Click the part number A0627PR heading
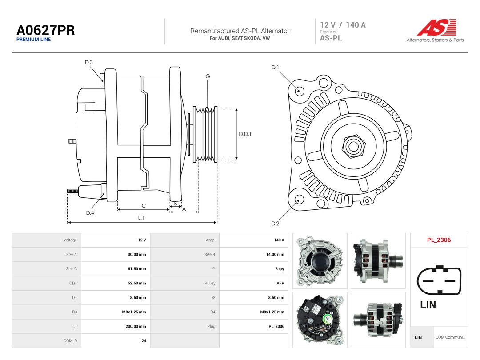point(46,30)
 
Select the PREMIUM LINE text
point(34,40)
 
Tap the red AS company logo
point(437,27)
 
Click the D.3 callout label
point(89,63)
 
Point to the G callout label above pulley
point(208,76)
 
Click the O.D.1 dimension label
point(245,134)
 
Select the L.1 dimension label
point(141,218)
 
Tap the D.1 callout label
point(275,68)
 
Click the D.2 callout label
point(275,224)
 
